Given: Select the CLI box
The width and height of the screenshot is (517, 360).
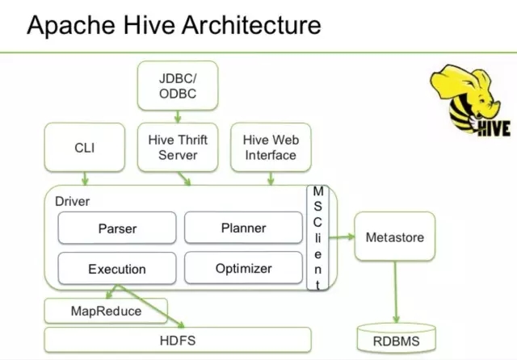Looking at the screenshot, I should [85, 147].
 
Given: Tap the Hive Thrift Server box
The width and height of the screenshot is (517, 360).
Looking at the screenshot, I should [179, 147].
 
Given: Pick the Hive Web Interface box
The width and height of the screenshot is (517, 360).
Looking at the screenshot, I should [271, 147].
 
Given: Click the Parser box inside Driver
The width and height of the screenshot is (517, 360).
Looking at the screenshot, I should [117, 228].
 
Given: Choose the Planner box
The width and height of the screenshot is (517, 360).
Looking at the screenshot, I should [243, 228].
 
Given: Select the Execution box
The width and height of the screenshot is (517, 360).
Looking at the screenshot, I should [117, 269].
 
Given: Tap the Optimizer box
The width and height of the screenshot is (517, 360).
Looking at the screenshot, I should [243, 268].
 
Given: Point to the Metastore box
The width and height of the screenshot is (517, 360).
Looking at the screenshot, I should [394, 237].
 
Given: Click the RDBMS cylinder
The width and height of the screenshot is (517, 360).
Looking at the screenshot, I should [396, 340].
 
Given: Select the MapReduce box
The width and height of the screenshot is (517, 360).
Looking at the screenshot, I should [106, 311].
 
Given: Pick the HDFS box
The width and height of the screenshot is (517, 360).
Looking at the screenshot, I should [178, 340].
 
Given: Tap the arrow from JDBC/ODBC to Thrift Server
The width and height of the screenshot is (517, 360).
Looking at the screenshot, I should [178, 116].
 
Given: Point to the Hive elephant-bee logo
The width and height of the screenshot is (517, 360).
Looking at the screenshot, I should [469, 101].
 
